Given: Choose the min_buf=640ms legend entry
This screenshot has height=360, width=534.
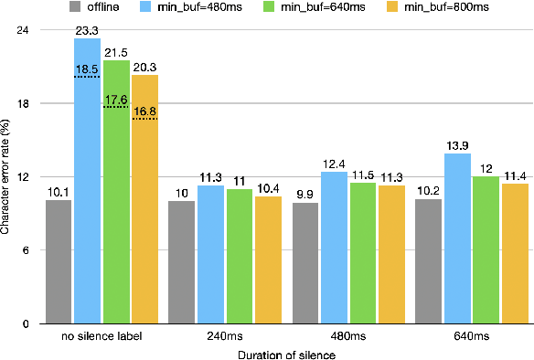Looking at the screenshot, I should [332, 8].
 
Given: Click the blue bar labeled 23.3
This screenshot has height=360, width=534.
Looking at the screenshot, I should [87, 183].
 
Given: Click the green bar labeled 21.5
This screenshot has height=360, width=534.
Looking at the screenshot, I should [116, 192].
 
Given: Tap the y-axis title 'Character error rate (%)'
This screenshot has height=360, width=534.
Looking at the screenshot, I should [6, 176].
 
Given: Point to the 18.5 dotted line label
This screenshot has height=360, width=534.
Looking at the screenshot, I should [87, 69].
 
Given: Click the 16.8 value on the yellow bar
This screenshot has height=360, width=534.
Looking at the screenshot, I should [144, 111].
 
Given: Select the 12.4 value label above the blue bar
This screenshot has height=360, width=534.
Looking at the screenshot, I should [334, 164].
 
